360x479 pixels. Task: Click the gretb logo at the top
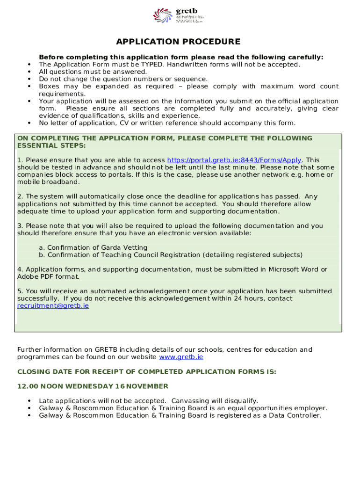(x=178, y=15)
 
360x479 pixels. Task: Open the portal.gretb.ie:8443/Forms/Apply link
(x=234, y=160)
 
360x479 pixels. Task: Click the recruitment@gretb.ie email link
(x=53, y=306)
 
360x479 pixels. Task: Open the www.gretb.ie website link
(x=181, y=357)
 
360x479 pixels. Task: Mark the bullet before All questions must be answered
(x=30, y=72)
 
